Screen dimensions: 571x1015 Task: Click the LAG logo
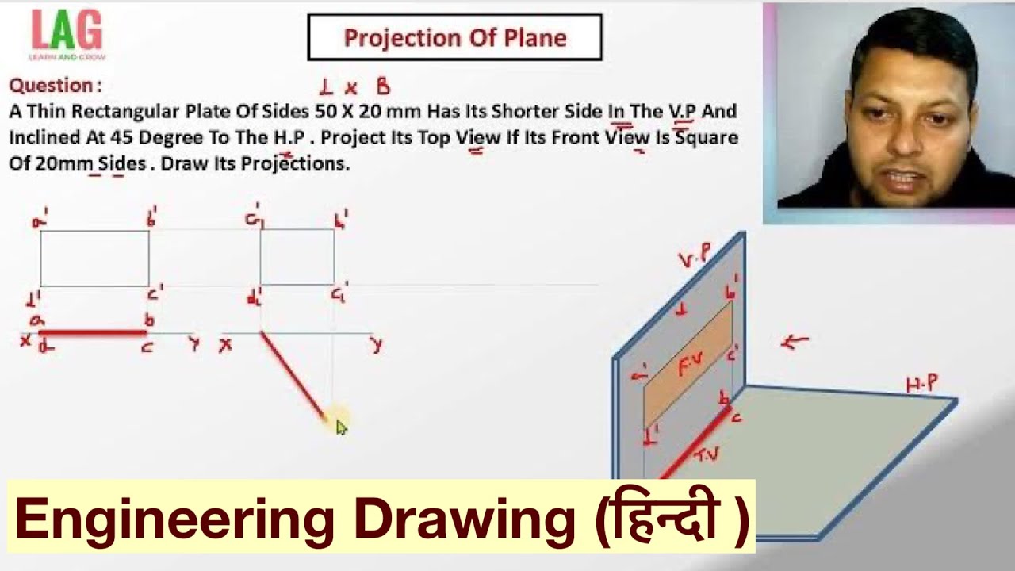[67, 33]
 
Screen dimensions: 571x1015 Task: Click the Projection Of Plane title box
[454, 37]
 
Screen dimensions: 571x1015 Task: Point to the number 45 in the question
[121, 137]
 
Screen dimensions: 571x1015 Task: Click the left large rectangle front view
[94, 258]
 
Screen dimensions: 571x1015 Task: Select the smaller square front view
[297, 257]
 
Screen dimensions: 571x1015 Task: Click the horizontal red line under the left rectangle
[93, 333]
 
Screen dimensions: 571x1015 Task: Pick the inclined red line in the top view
[293, 376]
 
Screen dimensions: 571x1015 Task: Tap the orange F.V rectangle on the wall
[688, 364]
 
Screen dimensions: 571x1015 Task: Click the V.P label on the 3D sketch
[695, 256]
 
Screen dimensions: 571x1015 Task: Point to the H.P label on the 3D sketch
[922, 385]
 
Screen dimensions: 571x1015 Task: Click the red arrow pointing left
[795, 342]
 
